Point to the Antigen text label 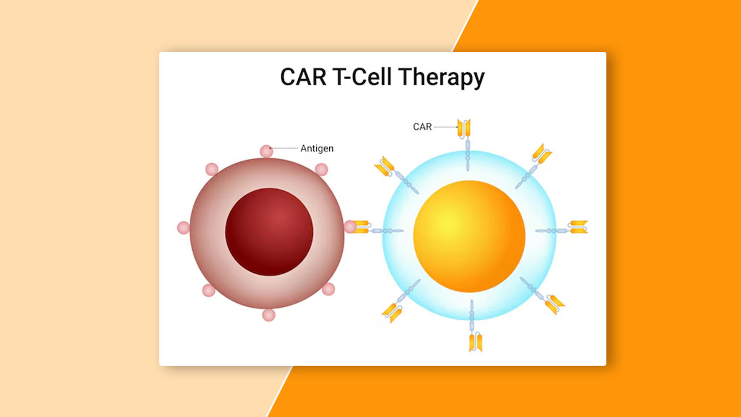point(317,148)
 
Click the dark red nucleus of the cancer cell point(269,232)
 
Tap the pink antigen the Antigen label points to point(266,151)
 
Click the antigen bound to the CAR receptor point(350,227)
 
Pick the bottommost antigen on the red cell point(269,315)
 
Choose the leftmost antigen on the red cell point(183,228)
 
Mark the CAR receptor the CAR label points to point(464,129)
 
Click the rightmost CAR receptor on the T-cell point(578,227)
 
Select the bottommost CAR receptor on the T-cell point(474,340)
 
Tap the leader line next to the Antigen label point(284,148)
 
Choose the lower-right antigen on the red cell point(329,289)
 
